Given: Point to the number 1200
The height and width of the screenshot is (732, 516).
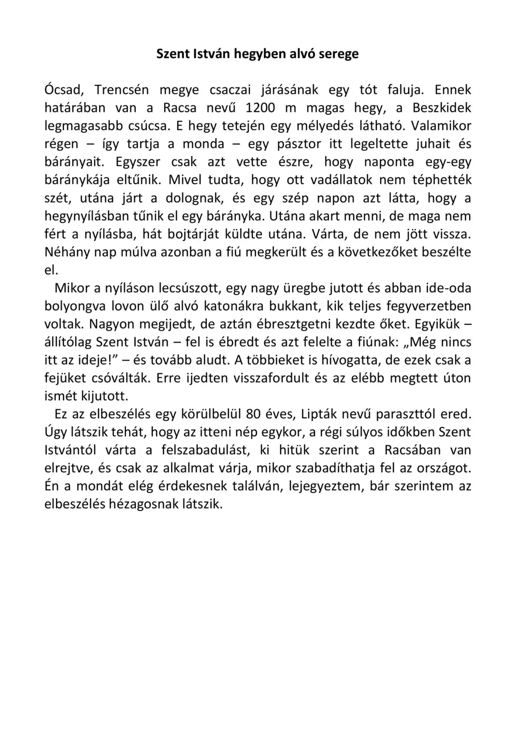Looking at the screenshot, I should pyautogui.click(x=260, y=108).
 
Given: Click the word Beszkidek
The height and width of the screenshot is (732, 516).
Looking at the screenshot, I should pyautogui.click(x=442, y=108).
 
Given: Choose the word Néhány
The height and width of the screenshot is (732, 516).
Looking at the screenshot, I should pyautogui.click(x=66, y=252).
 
